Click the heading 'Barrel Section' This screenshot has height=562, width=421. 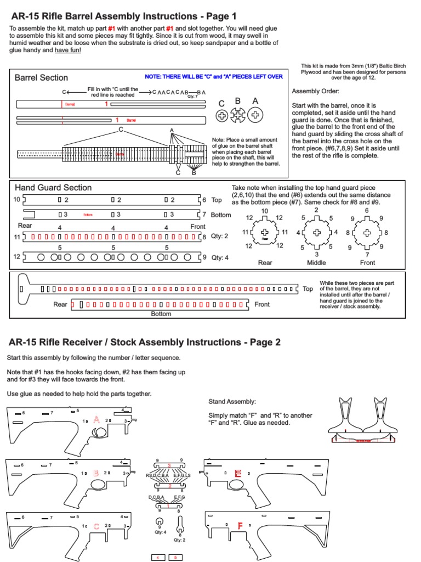point(41,78)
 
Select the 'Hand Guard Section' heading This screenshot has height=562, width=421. point(53,188)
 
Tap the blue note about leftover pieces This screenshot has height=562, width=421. point(213,77)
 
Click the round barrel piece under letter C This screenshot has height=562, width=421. point(222,115)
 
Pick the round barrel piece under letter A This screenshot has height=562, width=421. point(255,115)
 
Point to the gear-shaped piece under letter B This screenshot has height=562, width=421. point(238,115)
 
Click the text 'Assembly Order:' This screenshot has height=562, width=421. point(315,91)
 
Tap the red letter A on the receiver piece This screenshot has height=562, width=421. point(96,420)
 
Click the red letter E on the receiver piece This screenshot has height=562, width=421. point(238,473)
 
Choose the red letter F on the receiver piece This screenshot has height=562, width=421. point(240,526)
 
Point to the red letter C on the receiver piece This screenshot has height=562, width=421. point(96,526)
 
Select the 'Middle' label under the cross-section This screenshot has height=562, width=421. point(316,263)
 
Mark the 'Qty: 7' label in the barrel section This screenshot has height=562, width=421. point(192,97)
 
